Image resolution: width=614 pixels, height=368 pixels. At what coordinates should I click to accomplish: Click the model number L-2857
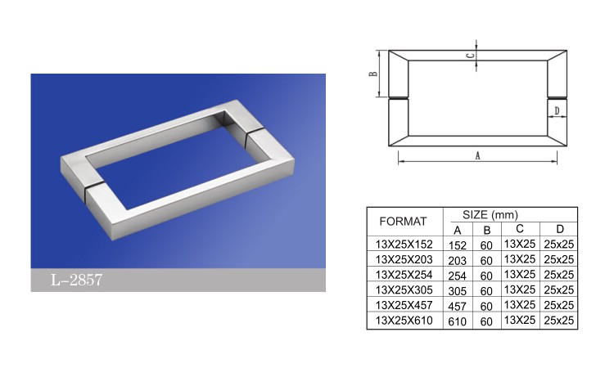(76, 280)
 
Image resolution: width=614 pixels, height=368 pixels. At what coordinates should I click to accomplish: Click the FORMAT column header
(403, 222)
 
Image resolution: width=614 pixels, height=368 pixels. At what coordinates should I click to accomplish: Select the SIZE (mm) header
(490, 215)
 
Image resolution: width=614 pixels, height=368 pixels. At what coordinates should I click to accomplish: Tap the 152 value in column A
(458, 245)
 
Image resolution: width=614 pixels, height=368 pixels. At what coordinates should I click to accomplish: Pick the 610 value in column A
(458, 321)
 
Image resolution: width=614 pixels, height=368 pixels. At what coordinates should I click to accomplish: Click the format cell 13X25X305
(404, 289)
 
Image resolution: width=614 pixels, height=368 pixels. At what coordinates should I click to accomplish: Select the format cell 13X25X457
(404, 305)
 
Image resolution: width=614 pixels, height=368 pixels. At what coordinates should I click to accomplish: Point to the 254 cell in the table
(458, 276)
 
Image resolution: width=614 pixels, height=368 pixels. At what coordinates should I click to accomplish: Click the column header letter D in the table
(560, 229)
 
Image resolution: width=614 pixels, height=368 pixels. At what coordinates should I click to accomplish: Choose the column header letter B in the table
(487, 231)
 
